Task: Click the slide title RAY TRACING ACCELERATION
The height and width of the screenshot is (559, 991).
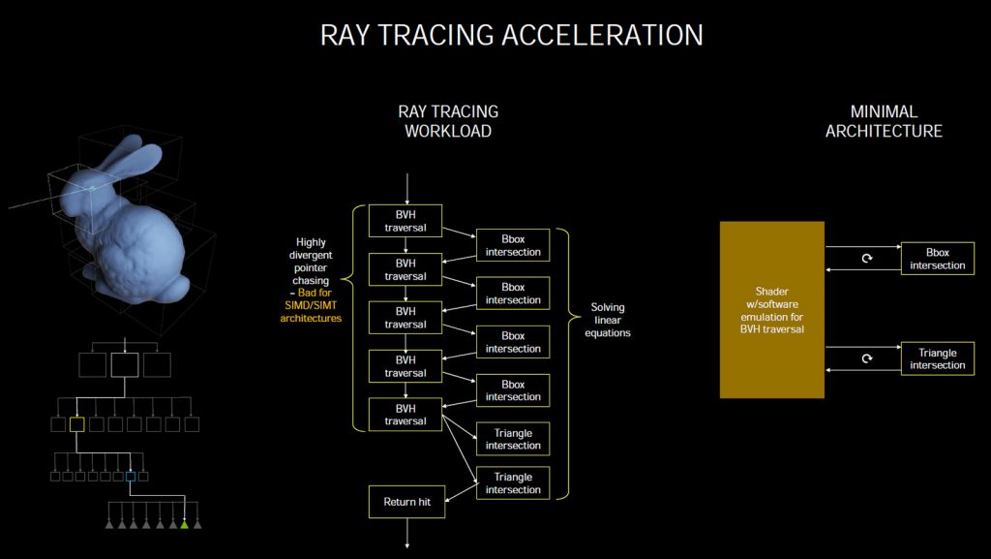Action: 511,35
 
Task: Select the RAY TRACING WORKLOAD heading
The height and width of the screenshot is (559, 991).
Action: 448,121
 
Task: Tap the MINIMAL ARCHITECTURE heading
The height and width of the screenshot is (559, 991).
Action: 884,121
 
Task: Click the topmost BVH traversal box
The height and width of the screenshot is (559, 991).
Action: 405,221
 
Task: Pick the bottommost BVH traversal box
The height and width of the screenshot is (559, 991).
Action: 405,415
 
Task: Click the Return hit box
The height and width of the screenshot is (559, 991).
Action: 407,502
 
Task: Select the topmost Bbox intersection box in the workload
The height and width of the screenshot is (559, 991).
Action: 513,245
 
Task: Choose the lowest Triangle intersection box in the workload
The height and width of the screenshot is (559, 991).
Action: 513,483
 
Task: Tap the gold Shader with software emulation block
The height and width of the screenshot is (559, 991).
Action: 771,310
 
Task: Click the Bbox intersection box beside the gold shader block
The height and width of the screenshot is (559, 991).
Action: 937,259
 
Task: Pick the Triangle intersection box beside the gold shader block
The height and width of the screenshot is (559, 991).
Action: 937,358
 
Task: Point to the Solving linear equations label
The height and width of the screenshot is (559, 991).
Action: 608,320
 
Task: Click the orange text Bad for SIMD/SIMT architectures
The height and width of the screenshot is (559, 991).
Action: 311,305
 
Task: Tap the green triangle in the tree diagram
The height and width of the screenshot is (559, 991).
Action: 184,524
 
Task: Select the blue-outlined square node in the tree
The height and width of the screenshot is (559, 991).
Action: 131,476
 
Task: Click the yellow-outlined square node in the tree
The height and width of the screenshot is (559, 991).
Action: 77,424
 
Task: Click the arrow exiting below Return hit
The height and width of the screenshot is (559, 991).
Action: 407,533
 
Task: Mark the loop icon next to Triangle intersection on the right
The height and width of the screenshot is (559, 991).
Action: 867,358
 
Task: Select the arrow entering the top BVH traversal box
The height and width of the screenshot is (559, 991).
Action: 407,189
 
